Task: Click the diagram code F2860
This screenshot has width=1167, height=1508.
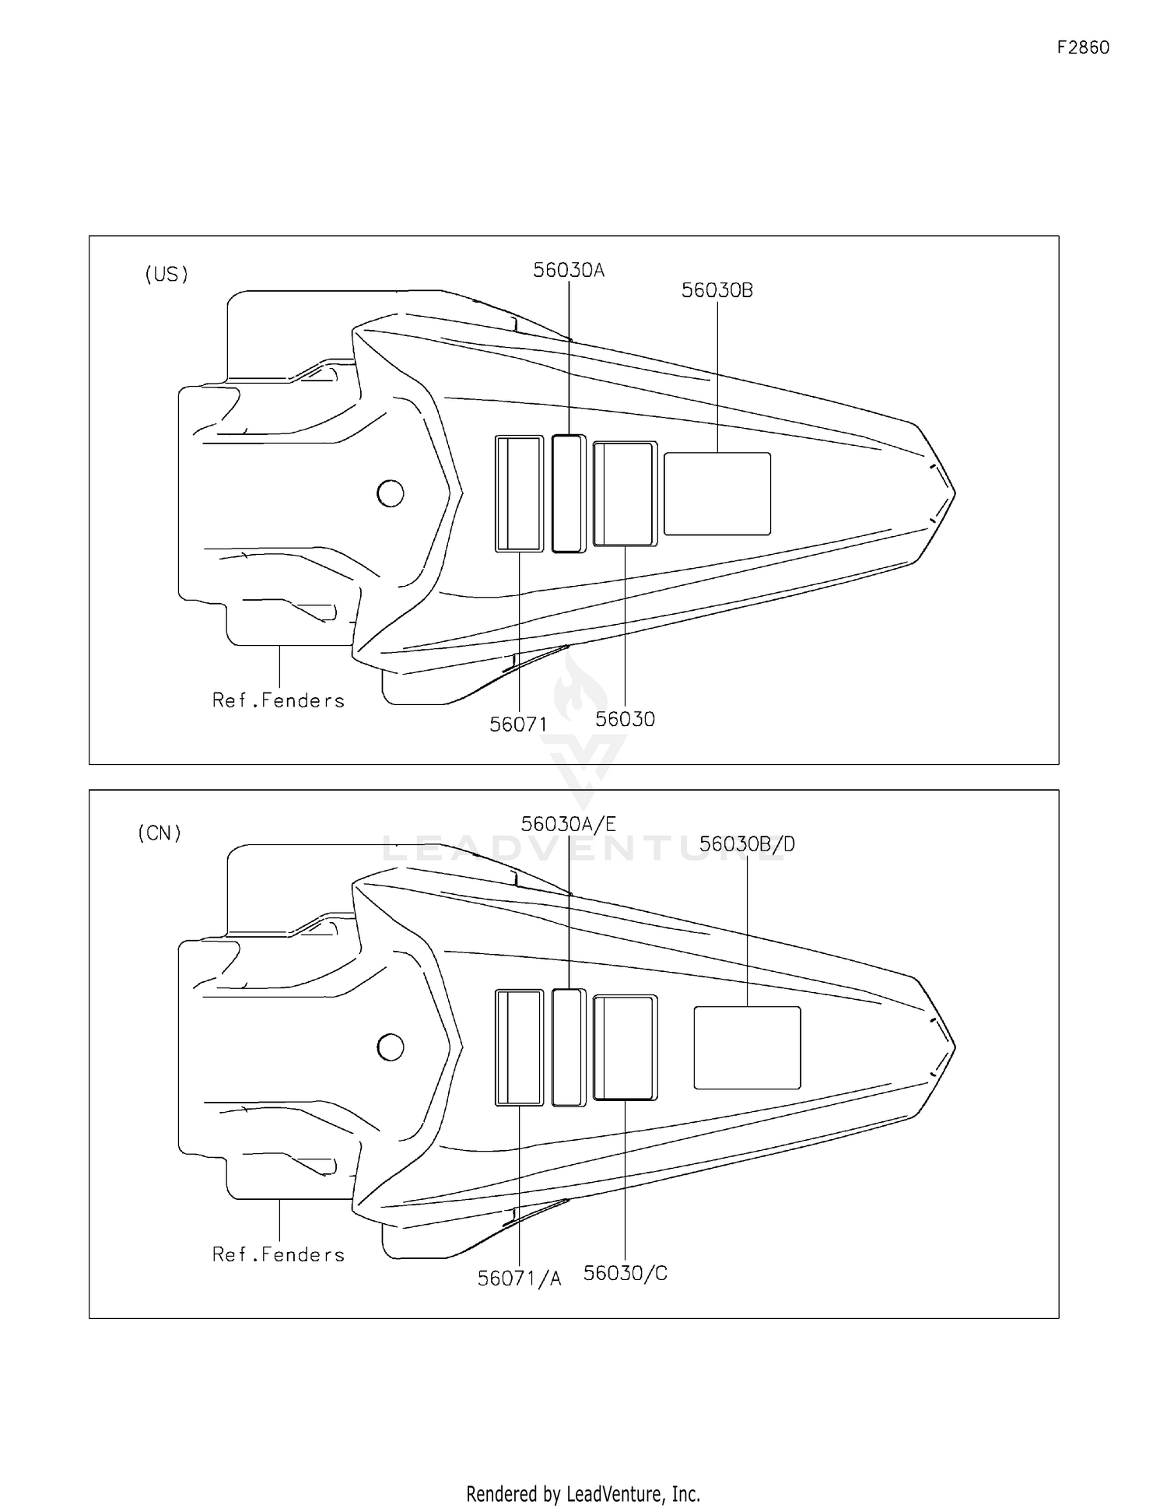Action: click(1083, 47)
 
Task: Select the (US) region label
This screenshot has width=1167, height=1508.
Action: click(166, 275)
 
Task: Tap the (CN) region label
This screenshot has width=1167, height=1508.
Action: click(159, 833)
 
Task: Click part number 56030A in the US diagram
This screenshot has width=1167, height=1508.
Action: click(569, 270)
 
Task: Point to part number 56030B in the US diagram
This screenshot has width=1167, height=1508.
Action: click(717, 290)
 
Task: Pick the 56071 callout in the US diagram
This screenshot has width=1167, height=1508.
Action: click(518, 724)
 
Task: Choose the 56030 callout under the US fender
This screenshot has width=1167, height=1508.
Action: click(626, 720)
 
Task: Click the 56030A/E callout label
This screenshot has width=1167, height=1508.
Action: click(569, 824)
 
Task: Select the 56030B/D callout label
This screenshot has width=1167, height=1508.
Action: click(747, 844)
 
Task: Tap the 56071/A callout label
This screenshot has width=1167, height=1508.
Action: click(519, 1278)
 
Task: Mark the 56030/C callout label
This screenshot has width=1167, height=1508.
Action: click(626, 1274)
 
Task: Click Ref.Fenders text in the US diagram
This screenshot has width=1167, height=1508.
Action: click(279, 701)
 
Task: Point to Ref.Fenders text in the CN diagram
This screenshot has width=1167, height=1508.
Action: click(279, 1255)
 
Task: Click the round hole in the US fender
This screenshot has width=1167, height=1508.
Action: click(390, 493)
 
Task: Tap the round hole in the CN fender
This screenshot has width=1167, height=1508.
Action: click(390, 1047)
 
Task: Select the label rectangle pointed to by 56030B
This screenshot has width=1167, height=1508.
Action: click(717, 494)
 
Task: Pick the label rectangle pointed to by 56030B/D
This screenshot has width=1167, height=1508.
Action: click(747, 1048)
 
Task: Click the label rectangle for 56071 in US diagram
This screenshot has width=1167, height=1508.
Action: click(519, 493)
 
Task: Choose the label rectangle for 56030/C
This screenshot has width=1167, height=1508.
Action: click(625, 1047)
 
